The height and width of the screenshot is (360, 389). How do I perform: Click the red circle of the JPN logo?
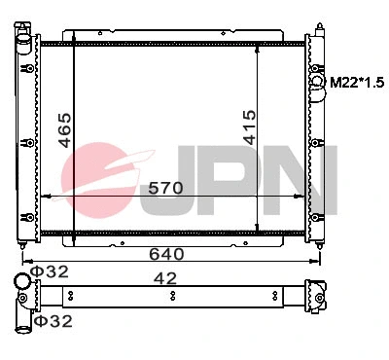(x=102, y=175)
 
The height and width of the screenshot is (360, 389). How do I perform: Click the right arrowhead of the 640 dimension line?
(x=323, y=261)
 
